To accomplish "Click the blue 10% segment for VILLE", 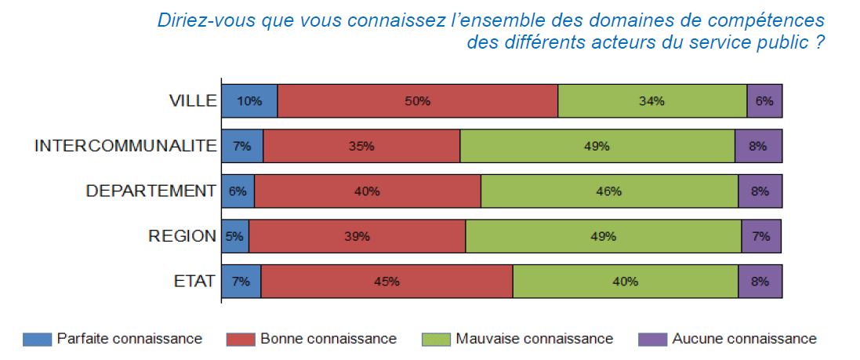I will (249, 100).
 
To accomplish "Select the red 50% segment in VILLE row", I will (417, 100).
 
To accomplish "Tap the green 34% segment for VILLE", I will (651, 100).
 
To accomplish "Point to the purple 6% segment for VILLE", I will (764, 100).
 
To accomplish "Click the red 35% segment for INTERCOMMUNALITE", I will (361, 146).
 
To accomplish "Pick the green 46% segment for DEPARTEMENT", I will (609, 191).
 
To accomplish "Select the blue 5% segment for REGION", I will (235, 236).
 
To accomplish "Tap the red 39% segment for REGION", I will (357, 236).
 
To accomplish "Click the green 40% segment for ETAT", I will (625, 281).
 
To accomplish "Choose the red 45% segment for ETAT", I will (386, 281).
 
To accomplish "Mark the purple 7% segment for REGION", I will (761, 236).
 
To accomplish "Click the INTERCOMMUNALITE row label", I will (125, 146).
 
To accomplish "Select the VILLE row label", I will (193, 100).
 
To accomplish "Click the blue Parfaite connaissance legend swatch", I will (37, 339).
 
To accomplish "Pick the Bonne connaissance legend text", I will (328, 339).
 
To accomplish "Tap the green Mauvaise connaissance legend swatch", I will (436, 339).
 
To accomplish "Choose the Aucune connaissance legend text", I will (744, 339).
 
